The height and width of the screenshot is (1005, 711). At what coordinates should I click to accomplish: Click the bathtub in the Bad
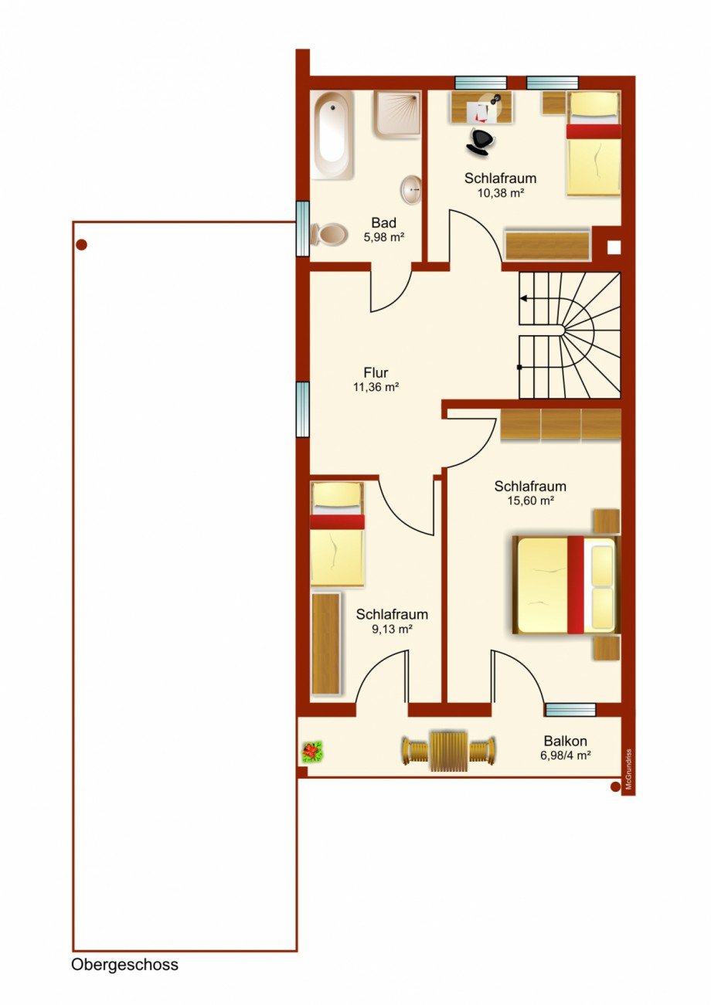click(x=332, y=135)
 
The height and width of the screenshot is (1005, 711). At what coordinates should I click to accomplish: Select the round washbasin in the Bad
click(x=411, y=190)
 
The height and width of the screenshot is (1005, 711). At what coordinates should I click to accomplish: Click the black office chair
click(x=479, y=141)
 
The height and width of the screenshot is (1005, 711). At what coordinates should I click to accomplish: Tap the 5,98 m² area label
click(x=384, y=237)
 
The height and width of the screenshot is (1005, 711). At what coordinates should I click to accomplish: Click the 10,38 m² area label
click(x=501, y=193)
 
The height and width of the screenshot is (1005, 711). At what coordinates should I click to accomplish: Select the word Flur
click(x=376, y=373)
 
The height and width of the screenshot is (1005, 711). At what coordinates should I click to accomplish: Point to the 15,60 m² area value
click(x=530, y=501)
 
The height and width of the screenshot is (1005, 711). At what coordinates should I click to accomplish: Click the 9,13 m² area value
click(x=392, y=629)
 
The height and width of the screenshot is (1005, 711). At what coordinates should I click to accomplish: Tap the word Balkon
click(x=565, y=741)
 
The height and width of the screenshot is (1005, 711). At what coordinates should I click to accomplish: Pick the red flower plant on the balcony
click(x=312, y=752)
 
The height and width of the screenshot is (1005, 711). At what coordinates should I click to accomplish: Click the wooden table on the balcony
click(x=449, y=752)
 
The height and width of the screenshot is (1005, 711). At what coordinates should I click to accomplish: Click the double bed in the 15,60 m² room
click(x=566, y=585)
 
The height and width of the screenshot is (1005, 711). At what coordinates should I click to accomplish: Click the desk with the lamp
click(x=482, y=107)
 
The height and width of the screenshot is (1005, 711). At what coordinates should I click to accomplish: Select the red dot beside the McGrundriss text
click(x=615, y=786)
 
